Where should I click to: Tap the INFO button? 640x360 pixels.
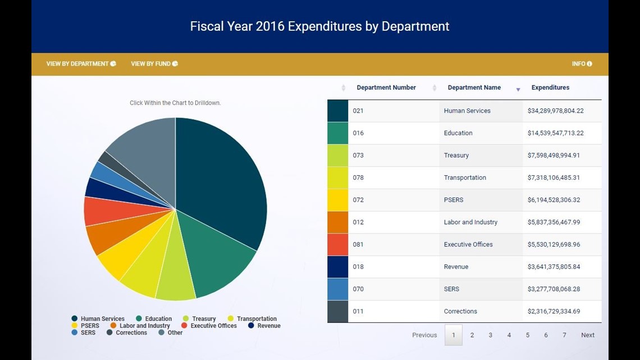pos(582,64)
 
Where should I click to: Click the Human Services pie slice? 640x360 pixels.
pos(225,180)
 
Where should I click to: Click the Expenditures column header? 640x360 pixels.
pos(550,88)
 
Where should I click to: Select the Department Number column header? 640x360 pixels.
pos(386,88)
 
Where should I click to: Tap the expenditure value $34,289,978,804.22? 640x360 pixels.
pos(555,111)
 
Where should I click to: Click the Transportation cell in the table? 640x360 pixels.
pos(465,178)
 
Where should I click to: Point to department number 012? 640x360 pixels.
pos(358,222)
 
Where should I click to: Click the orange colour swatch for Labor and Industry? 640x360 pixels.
pos(337,222)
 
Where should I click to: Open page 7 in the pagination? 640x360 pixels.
pos(564,335)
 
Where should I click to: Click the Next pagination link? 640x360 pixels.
pos(587,335)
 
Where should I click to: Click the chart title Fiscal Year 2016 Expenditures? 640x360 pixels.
pos(319,26)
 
